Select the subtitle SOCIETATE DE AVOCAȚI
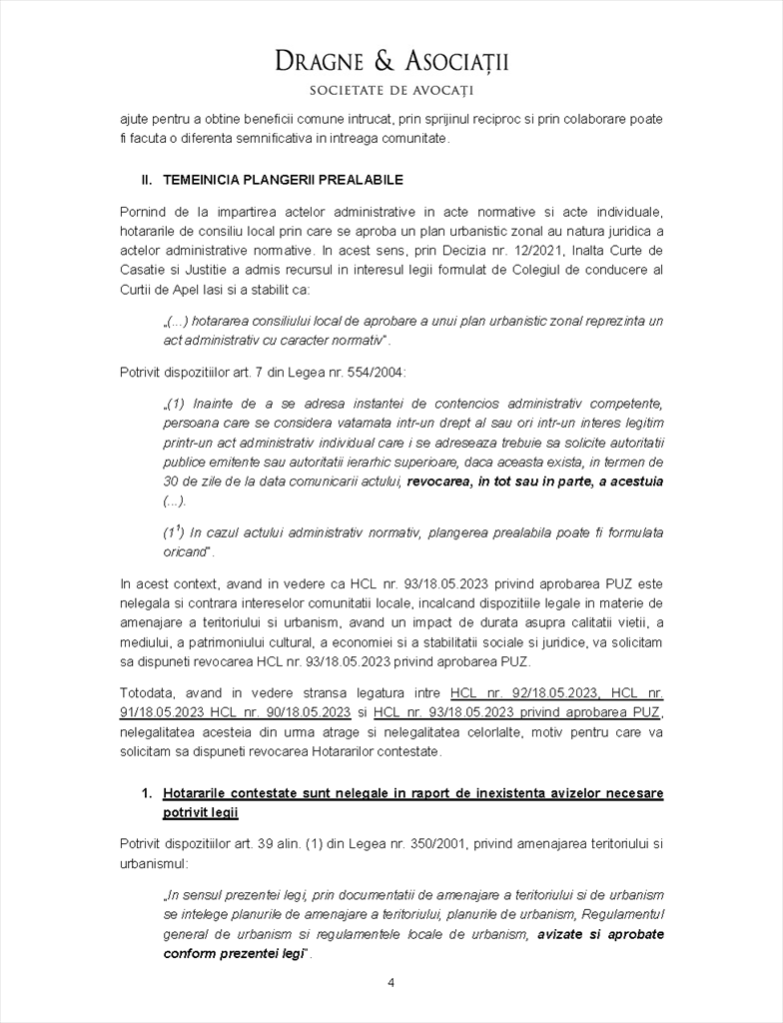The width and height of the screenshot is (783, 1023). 391,90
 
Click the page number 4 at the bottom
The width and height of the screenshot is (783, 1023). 391,983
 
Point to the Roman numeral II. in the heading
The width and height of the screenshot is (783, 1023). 147,180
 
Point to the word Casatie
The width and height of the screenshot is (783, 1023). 142,270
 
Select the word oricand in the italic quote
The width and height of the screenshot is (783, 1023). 185,551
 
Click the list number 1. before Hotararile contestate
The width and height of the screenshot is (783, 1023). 147,793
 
